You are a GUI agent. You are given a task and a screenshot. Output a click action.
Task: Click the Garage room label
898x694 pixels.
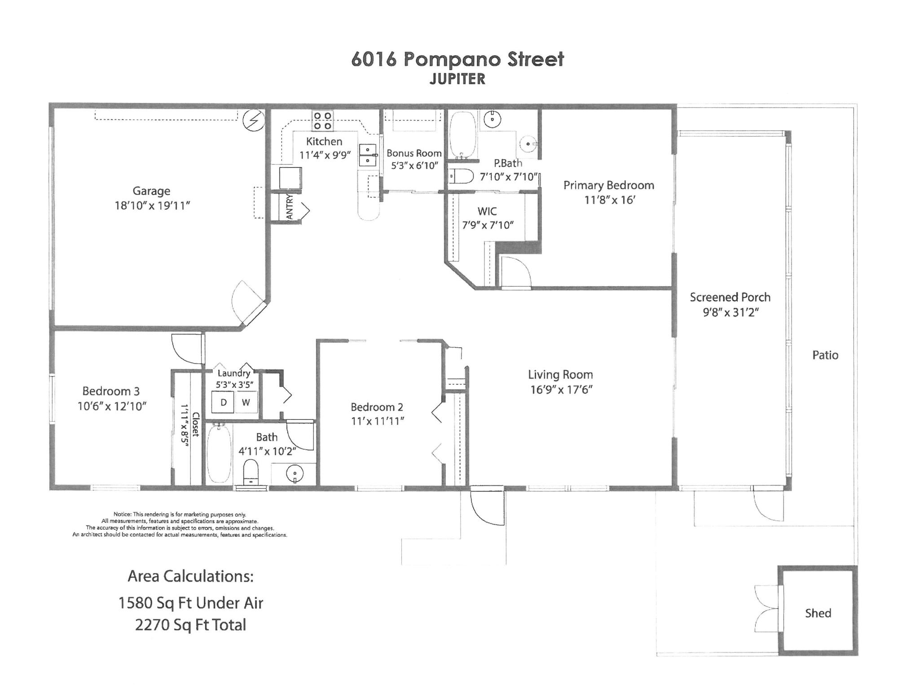[151, 191]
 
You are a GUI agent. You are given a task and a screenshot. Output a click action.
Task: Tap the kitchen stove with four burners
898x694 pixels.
[323, 120]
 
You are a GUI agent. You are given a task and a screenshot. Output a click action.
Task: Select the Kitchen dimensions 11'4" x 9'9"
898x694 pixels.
[325, 155]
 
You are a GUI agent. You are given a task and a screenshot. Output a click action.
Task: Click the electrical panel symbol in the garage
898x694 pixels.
[253, 120]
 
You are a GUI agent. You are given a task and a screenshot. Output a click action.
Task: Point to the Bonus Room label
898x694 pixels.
[414, 153]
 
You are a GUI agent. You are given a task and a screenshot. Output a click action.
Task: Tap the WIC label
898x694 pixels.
[487, 211]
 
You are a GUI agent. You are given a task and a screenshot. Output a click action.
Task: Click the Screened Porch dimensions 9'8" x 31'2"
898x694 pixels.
[731, 312]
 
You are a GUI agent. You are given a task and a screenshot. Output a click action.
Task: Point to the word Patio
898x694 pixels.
[825, 355]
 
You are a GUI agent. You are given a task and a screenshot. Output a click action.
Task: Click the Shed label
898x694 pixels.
[818, 613]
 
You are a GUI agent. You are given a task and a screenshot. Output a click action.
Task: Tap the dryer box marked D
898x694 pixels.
[223, 402]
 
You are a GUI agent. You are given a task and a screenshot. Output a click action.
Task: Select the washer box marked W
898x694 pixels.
[246, 402]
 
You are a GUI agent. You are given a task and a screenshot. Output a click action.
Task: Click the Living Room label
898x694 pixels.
[560, 375]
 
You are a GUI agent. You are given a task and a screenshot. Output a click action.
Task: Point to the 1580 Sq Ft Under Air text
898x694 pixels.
[190, 603]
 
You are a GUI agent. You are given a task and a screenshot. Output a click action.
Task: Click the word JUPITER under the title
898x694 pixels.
[457, 79]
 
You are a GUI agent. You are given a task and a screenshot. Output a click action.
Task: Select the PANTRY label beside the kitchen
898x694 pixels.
[290, 207]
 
